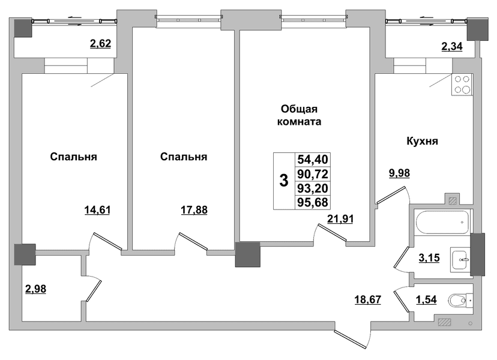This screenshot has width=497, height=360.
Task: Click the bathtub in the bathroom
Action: [x=442, y=223]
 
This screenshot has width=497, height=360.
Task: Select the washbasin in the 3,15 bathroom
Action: [x=460, y=260]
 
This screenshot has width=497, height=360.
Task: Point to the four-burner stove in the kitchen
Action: [x=462, y=85]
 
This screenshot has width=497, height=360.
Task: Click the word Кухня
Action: [x=422, y=141]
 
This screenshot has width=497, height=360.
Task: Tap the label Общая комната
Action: [x=299, y=115]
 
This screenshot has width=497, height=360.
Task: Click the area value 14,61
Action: [x=97, y=210]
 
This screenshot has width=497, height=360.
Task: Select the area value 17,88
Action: [x=194, y=210]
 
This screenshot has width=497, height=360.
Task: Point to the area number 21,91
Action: [x=340, y=218]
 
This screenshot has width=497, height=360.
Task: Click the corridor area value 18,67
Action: [x=368, y=299]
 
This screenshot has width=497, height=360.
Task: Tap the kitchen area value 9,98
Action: [x=399, y=173]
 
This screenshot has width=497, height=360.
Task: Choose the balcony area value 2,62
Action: [x=100, y=43]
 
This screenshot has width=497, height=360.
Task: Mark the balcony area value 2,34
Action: [x=452, y=46]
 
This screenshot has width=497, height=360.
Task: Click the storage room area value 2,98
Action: [x=35, y=289]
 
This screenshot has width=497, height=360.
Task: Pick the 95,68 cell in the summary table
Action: [x=313, y=202]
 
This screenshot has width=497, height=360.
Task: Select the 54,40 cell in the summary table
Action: [x=313, y=160]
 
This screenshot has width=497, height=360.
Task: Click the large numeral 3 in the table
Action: [x=284, y=181]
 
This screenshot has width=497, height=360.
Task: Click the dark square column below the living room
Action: [x=247, y=254]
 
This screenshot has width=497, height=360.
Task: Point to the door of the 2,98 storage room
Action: [x=94, y=290]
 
